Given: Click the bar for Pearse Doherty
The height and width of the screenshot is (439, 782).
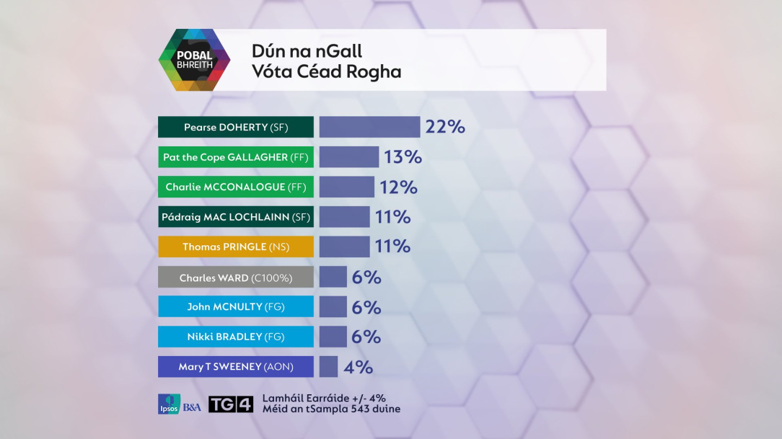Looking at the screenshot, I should (369, 127).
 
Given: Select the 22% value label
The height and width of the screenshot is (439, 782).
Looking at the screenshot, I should (445, 127).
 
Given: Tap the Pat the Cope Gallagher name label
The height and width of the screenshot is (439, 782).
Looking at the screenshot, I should (236, 157).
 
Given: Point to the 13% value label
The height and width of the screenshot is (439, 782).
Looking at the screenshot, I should (403, 157).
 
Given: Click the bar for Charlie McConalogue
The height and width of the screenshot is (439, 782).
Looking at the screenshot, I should (347, 187).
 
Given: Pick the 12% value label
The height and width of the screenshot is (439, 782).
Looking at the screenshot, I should (398, 187).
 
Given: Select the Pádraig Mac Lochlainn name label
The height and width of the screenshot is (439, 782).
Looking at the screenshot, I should (236, 217).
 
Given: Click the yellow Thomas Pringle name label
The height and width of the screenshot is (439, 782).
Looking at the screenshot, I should (236, 247).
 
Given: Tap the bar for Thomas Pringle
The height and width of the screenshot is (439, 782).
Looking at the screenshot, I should (344, 247).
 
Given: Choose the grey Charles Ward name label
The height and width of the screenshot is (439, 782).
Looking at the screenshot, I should (236, 277).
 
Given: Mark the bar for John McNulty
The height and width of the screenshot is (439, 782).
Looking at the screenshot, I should (333, 306).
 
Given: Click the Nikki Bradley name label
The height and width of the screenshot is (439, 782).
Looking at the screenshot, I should (236, 337).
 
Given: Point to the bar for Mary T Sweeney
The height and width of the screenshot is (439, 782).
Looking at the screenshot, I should (328, 366).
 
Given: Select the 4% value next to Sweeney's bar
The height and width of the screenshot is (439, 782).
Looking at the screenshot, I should (359, 367).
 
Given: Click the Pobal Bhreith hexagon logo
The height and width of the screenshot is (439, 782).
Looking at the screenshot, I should (194, 61).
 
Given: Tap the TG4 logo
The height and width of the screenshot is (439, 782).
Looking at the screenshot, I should (231, 404).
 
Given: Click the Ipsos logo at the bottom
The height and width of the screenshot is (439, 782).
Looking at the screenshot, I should (170, 404).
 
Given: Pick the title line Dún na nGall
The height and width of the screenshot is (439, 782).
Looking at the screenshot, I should (307, 51).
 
